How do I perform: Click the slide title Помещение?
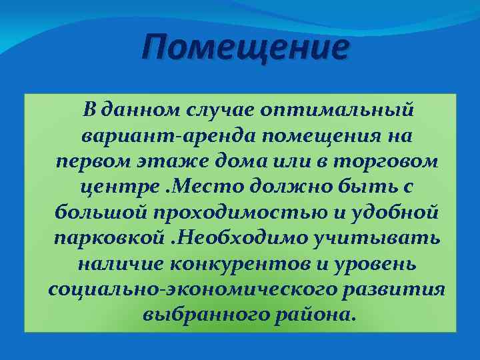(x=246, y=49)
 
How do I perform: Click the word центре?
(x=118, y=188)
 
